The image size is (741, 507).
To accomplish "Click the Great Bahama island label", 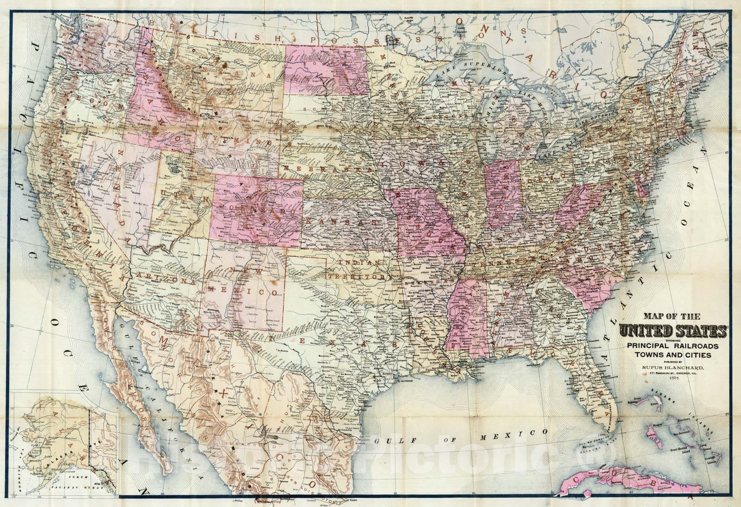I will pos(640,401).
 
